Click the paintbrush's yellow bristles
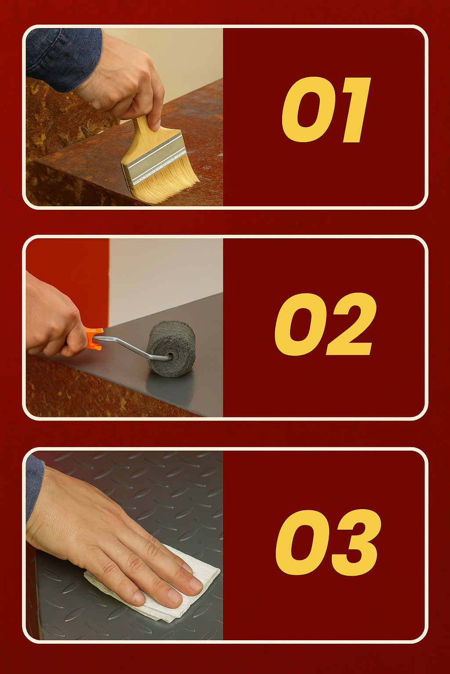[x=165, y=182]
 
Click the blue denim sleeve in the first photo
[x=62, y=57]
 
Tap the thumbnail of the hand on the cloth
[x=196, y=584]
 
